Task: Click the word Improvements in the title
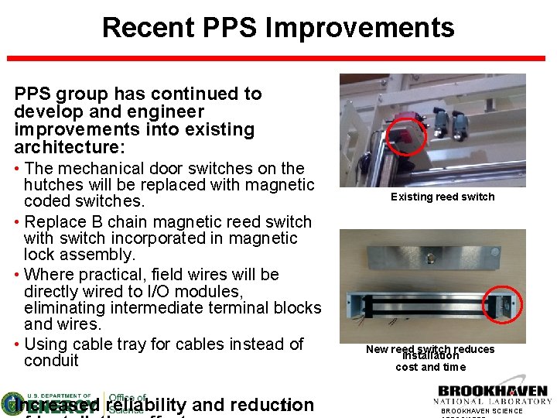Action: point(360,28)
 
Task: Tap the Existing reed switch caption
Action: point(442,197)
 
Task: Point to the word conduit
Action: point(51,361)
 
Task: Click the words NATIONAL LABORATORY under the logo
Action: point(493,402)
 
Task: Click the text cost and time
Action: point(431,368)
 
